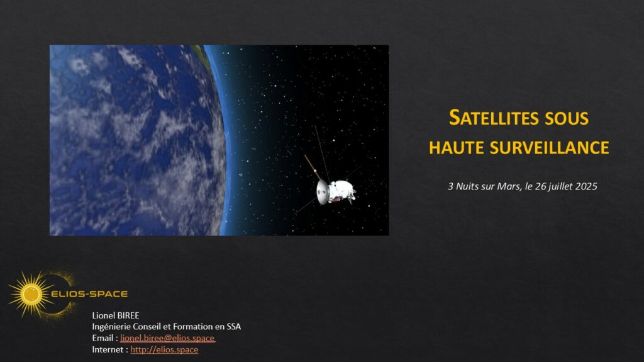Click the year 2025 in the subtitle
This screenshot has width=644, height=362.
tap(586, 186)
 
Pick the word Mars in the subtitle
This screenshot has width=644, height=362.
tap(509, 186)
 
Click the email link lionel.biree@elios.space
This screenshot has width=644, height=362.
tap(167, 338)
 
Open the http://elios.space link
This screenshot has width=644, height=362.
tap(164, 349)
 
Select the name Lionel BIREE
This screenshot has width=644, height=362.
tap(116, 315)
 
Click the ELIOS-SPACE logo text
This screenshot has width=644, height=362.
tap(89, 294)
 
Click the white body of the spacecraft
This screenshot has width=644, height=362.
tap(342, 191)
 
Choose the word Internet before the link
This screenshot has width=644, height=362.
tap(108, 349)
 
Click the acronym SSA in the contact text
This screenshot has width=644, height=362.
tap(234, 327)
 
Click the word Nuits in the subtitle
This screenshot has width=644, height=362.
tap(467, 186)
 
